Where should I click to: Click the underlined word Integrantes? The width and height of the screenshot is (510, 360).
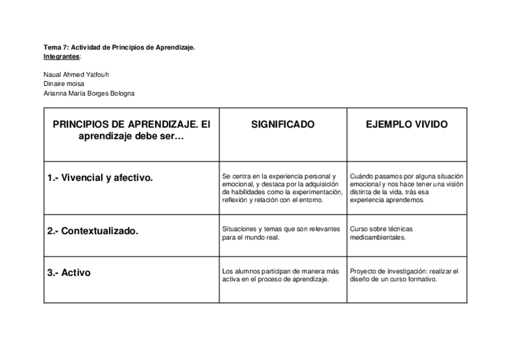coord(61,56)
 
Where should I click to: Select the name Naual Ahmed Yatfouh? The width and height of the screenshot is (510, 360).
coord(76,75)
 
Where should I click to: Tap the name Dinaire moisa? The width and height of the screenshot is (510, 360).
coord(64,84)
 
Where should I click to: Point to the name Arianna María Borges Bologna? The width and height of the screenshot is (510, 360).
coord(89,93)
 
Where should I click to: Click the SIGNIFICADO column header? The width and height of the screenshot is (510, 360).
coord(283,125)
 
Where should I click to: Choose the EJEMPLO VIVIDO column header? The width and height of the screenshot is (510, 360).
coord(407,125)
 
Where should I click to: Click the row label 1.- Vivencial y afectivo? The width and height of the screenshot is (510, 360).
coord(100,178)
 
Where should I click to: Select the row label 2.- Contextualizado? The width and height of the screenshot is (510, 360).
coord(93,231)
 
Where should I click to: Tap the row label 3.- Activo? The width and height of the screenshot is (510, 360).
coord(69,272)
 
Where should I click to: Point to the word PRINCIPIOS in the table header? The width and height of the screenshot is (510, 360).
coord(81,125)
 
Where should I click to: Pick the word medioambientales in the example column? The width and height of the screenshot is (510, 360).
coord(378,237)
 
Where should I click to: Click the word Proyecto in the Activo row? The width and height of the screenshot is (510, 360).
coord(363,271)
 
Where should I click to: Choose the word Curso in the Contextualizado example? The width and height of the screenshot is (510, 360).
coord(358,229)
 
